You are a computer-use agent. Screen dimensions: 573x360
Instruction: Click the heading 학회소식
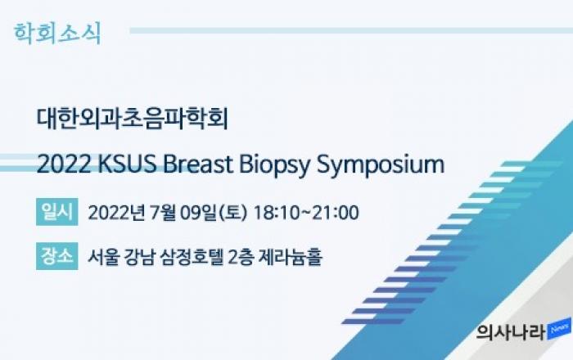tap(57, 34)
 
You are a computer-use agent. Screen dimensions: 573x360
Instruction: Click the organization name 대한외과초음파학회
tap(133, 119)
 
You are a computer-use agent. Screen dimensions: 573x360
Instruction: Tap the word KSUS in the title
tap(128, 164)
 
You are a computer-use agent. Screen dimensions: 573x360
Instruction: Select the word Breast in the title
tap(198, 164)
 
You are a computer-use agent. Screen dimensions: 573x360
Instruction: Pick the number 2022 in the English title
tap(64, 164)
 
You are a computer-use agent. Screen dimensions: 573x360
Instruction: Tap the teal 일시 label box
tap(57, 212)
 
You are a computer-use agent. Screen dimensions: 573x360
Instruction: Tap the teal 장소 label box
tap(57, 256)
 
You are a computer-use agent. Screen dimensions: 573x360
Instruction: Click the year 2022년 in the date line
tap(116, 213)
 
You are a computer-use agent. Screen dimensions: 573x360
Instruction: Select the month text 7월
tap(163, 213)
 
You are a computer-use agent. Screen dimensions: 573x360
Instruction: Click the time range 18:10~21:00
tap(306, 213)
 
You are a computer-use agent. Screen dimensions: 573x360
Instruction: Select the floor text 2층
tap(241, 257)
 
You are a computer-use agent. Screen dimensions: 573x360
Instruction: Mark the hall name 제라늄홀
tap(291, 257)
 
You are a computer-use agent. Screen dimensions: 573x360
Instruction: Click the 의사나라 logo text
tap(511, 332)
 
